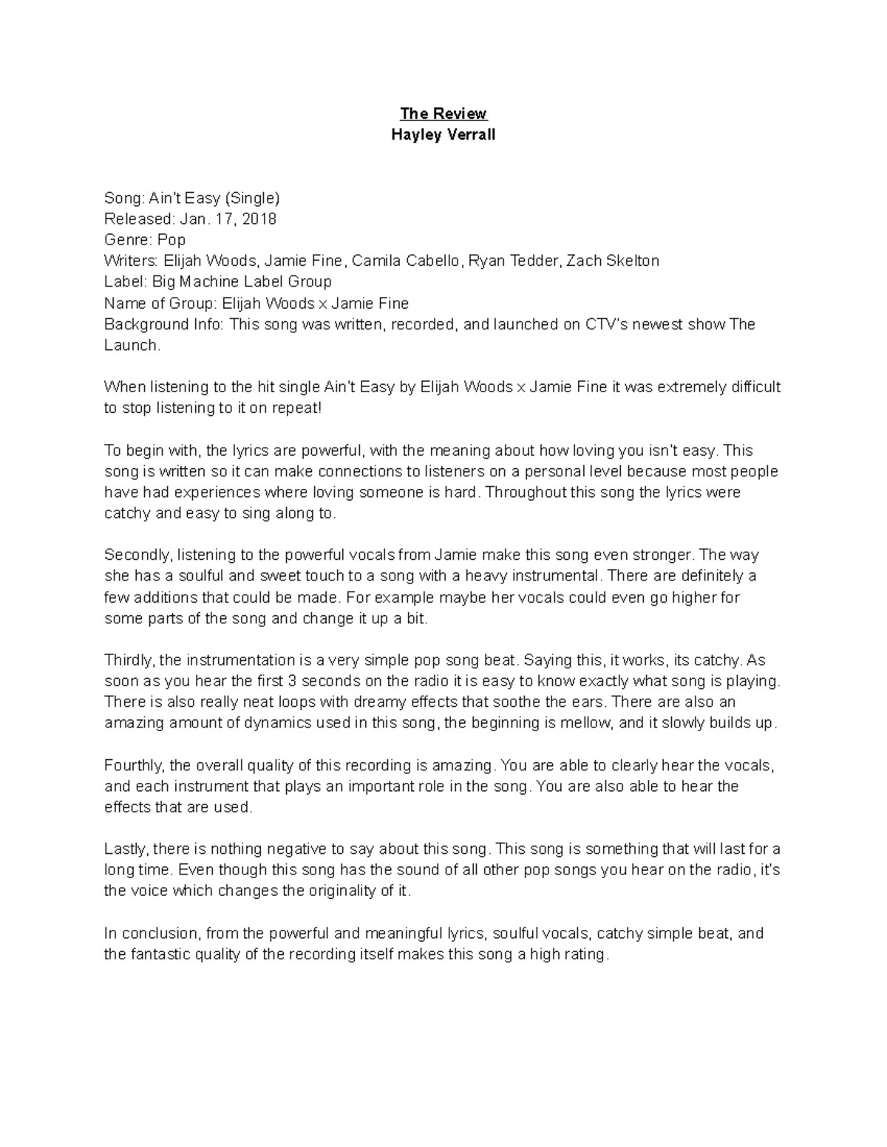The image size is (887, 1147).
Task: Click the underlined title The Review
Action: tap(443, 114)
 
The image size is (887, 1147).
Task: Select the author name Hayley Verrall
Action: tap(443, 134)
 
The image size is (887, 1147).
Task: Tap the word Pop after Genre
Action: tap(171, 240)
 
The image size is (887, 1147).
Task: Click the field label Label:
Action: tap(126, 281)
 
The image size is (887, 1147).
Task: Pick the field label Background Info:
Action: tap(163, 324)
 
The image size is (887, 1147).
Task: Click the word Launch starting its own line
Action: tap(130, 345)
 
